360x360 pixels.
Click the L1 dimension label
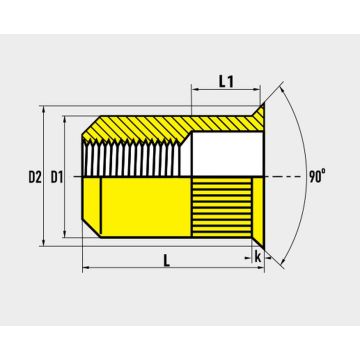(x=226, y=81)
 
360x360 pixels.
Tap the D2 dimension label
(x=35, y=177)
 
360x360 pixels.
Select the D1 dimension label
(x=57, y=177)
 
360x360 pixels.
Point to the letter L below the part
(x=167, y=260)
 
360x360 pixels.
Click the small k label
(x=258, y=257)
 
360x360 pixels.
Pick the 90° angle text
(x=317, y=177)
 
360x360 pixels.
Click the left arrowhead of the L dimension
(x=86, y=267)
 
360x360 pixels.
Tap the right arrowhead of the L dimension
(x=261, y=267)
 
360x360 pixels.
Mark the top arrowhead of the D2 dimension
(x=43, y=110)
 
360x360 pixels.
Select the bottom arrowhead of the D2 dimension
(x=43, y=242)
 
